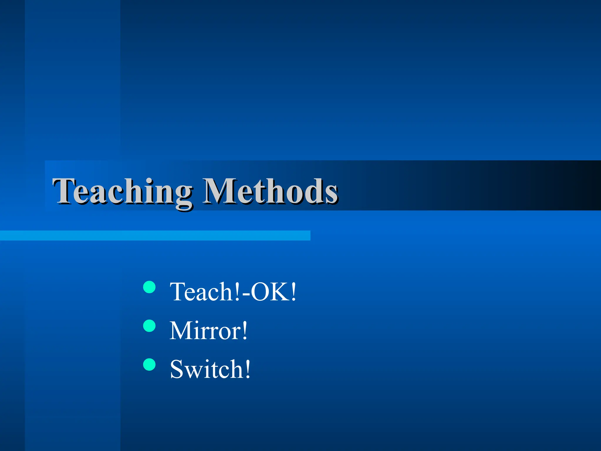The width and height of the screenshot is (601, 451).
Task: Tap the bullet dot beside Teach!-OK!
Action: [x=149, y=287]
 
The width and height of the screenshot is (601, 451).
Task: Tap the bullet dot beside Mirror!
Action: [x=149, y=326]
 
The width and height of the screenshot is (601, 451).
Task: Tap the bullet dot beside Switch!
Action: [x=149, y=365]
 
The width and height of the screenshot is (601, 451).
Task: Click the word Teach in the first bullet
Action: [x=201, y=292]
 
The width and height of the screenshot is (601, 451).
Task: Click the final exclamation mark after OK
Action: [x=293, y=292]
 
